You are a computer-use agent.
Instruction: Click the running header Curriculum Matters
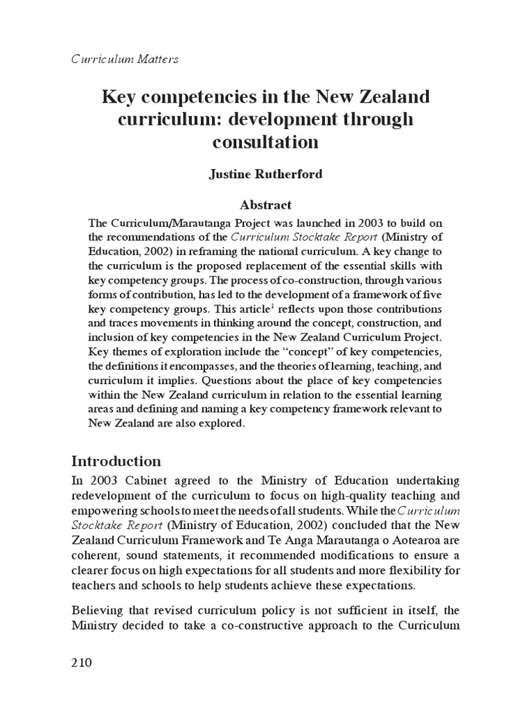pos(125,59)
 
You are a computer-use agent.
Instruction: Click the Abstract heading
pos(266,205)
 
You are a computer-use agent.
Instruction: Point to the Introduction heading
pos(116,461)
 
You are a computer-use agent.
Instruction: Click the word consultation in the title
pos(266,142)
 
